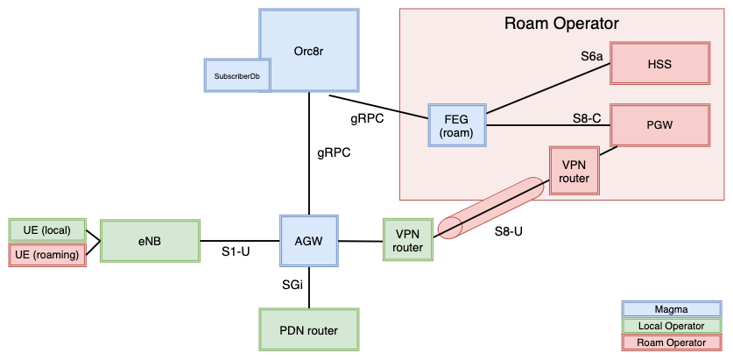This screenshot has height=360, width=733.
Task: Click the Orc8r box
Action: tap(310, 39)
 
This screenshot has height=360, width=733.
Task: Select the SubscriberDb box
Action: tap(237, 76)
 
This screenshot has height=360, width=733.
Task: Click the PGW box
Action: tap(659, 124)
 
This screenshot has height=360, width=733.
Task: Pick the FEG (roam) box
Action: tap(456, 125)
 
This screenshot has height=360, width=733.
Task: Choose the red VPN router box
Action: tap(574, 171)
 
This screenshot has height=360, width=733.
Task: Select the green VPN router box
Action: tap(409, 240)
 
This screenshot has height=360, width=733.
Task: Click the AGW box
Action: tap(309, 240)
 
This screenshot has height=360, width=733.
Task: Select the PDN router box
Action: tap(310, 330)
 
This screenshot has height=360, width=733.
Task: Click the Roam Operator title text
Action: tap(561, 24)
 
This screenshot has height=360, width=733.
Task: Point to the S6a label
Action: tap(592, 56)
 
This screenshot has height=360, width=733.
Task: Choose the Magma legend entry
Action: tap(671, 309)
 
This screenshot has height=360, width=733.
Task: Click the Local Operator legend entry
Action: tap(671, 326)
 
